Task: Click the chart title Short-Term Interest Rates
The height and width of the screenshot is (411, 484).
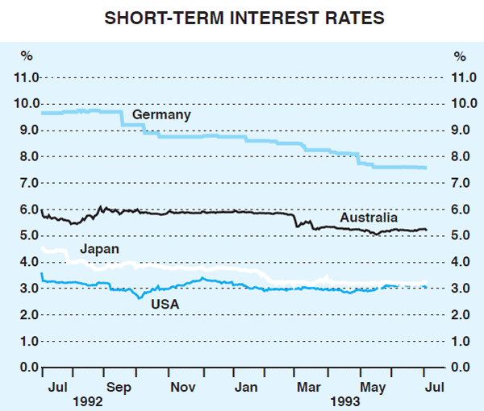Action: (241, 16)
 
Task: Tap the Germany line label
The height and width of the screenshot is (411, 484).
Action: (161, 115)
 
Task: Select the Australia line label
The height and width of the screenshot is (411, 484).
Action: (369, 218)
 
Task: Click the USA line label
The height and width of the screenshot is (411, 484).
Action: (165, 304)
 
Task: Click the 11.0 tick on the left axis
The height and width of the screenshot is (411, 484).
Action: (27, 78)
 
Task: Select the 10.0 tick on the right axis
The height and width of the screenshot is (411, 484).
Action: (460, 105)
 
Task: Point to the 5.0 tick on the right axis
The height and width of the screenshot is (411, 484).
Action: (460, 236)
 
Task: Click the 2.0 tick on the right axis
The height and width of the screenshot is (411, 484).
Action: (460, 315)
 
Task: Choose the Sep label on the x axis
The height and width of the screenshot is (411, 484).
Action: (120, 387)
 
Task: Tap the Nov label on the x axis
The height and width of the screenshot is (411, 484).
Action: (183, 387)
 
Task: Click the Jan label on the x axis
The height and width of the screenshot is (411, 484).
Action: (246, 387)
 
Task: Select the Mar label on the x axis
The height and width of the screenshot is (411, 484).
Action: (308, 387)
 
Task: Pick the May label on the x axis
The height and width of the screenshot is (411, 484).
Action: (370, 387)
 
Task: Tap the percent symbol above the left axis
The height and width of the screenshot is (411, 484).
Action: (27, 56)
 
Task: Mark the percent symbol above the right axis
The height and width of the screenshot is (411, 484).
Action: (459, 56)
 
